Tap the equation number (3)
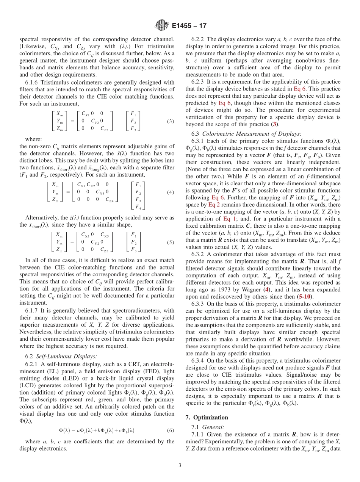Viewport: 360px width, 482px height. pyautogui.click(x=170, y=122)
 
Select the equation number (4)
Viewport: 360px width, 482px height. pyautogui.click(x=170, y=192)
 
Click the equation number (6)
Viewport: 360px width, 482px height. pyautogui.click(x=170, y=430)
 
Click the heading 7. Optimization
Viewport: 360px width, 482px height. pyautogui.click(x=207, y=418)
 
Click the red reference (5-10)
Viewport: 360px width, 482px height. pyautogui.click(x=305, y=296)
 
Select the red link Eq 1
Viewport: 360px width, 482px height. pyautogui.click(x=230, y=219)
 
